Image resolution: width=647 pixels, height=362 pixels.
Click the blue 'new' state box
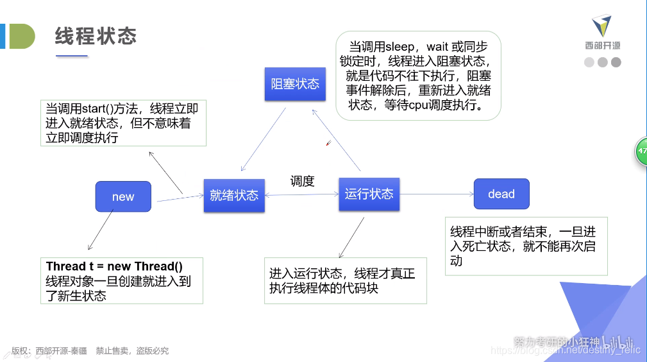pyautogui.click(x=123, y=196)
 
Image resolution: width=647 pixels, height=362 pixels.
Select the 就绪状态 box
pyautogui.click(x=234, y=195)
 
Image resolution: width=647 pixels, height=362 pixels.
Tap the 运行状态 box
pyautogui.click(x=369, y=194)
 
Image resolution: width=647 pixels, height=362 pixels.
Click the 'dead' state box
pyautogui.click(x=501, y=194)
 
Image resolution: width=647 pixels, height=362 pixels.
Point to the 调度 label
pyautogui.click(x=302, y=181)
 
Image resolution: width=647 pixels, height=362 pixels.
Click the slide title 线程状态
pyautogui.click(x=96, y=36)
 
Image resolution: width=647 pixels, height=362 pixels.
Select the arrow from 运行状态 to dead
pyautogui.click(x=437, y=194)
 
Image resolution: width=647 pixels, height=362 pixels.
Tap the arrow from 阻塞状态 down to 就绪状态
pyautogui.click(x=263, y=139)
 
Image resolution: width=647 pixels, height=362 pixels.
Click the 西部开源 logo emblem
pyautogui.click(x=602, y=26)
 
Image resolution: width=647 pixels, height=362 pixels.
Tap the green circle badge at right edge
pyautogui.click(x=641, y=151)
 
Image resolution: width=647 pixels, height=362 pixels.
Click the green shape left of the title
pyautogui.click(x=22, y=36)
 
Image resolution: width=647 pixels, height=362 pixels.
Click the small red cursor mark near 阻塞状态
pyautogui.click(x=328, y=143)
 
